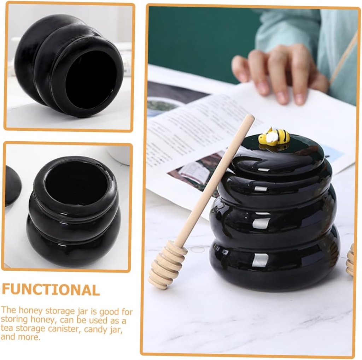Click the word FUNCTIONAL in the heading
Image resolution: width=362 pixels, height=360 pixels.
51,290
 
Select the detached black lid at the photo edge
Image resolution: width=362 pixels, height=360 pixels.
12,185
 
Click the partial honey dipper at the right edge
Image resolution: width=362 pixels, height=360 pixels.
350,260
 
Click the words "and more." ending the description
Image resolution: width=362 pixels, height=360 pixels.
21,337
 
